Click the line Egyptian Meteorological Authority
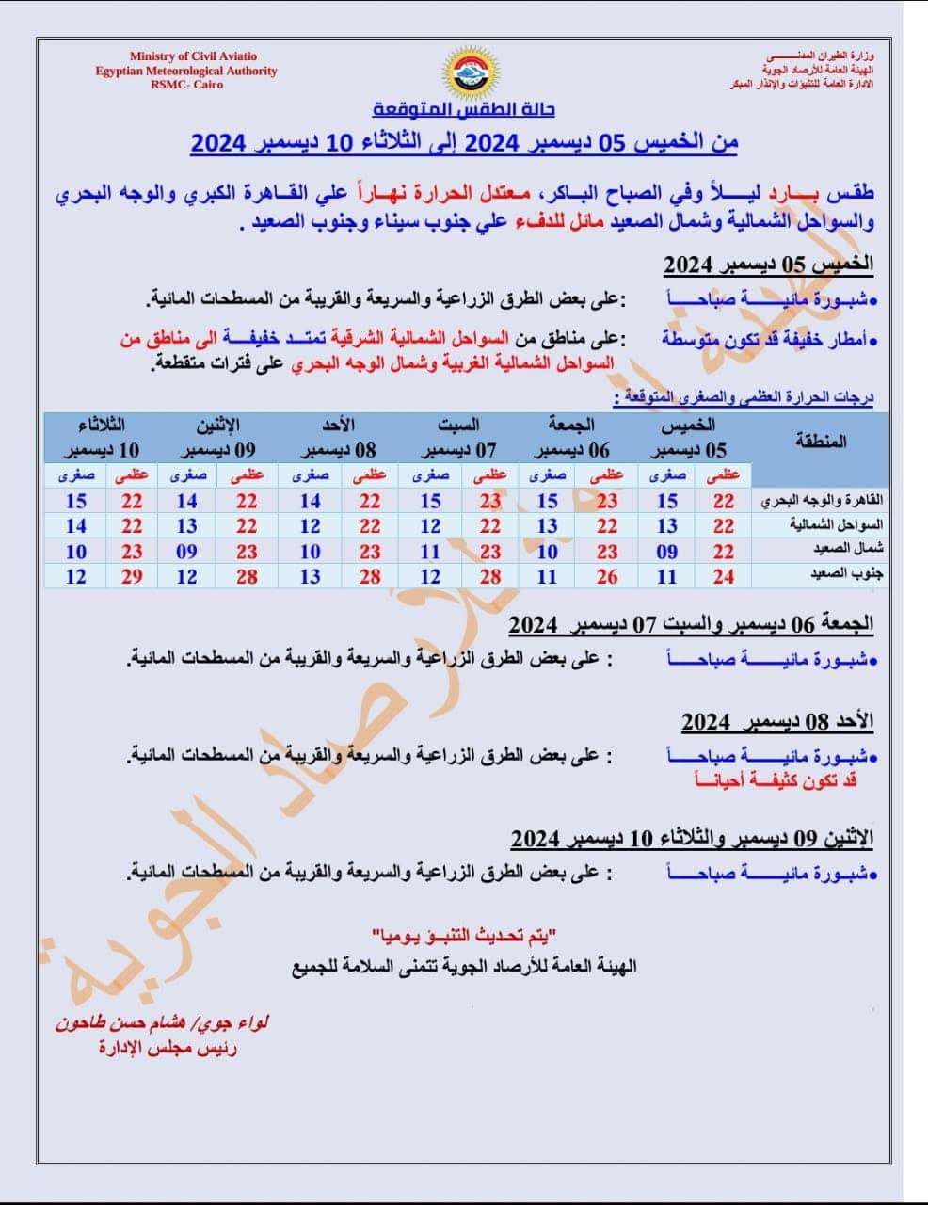tap(186, 71)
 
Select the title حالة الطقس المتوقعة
tap(464, 109)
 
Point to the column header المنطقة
tap(821, 440)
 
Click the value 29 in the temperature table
tap(132, 576)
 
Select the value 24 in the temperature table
tap(724, 576)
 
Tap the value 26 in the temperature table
tap(607, 576)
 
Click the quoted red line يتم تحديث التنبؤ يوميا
tap(465, 936)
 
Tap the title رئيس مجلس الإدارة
tap(168, 1047)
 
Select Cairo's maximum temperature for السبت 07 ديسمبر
tap(490, 502)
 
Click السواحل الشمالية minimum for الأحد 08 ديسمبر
tap(311, 526)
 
